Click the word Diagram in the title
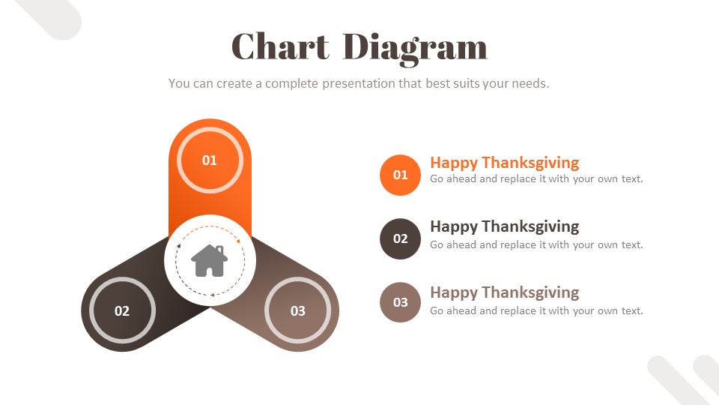coord(415,48)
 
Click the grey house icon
coord(210,260)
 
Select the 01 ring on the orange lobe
coord(210,160)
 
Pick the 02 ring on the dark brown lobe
coord(122,310)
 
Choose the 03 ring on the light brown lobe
coord(298,310)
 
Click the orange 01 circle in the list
coord(401,175)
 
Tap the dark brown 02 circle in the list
coord(401,238)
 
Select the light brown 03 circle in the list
coord(401,302)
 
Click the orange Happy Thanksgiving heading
coord(504,162)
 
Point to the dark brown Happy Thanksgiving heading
coord(504,226)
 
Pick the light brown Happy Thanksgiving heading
coord(504,292)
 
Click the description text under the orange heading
coord(536,179)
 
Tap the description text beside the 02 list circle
coord(536,244)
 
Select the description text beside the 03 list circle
coord(536,310)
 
